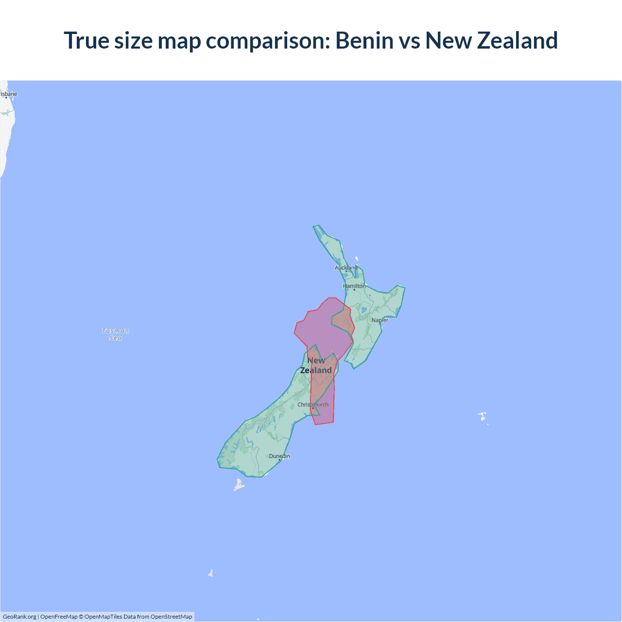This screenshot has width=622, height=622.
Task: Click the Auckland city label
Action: tap(346, 268)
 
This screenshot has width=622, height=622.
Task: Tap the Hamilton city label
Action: tap(354, 286)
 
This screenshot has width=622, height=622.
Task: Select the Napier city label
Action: tap(380, 320)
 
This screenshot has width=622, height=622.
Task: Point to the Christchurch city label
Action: tap(313, 404)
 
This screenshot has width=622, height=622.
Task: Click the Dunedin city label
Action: tap(279, 456)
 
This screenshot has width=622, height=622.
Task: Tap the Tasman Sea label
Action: tap(116, 334)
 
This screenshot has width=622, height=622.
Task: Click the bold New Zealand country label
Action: tap(316, 365)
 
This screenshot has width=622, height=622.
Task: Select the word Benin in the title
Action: tap(364, 40)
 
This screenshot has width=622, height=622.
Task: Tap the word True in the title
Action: tap(86, 40)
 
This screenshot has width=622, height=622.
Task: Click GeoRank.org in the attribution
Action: tap(19, 617)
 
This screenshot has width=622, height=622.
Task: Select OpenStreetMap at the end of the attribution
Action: tap(171, 617)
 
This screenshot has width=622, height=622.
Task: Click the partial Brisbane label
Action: tap(9, 94)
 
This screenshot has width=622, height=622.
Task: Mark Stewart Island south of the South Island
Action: tap(239, 484)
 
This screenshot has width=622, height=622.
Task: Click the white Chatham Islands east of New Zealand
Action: tap(483, 416)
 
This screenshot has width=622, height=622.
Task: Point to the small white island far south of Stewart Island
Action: tap(210, 573)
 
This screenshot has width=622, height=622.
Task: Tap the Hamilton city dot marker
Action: tap(354, 290)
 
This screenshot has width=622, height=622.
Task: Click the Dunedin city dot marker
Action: tap(280, 460)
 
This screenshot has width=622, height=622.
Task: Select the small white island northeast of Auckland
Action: tap(357, 259)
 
